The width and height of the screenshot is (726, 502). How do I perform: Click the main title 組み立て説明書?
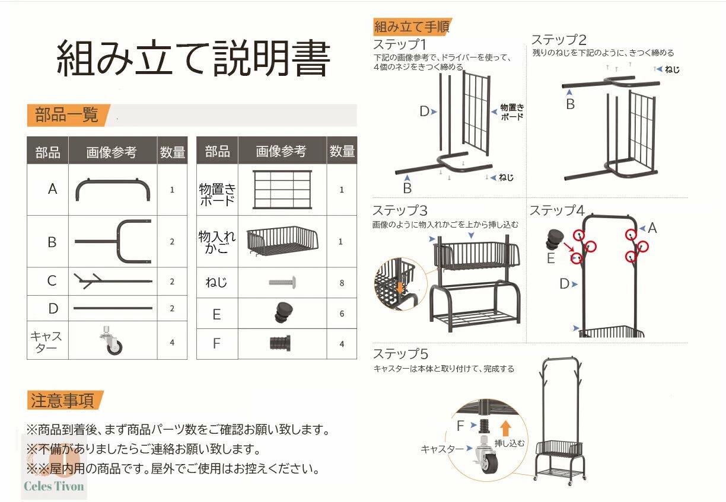click(193, 58)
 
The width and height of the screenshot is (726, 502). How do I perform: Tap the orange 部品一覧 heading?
click(66, 114)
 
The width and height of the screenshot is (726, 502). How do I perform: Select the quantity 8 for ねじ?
click(342, 283)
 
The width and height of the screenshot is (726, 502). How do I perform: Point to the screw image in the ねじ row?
click(282, 282)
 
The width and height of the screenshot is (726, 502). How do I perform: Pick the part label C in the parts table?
click(52, 280)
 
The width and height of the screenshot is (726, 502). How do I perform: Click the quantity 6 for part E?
click(342, 314)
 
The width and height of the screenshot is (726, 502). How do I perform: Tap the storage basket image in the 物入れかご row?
click(282, 241)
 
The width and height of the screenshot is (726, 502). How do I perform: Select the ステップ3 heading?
click(400, 210)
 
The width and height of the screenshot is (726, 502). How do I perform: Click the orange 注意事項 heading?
click(62, 400)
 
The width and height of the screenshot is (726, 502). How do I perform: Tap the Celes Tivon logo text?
click(54, 486)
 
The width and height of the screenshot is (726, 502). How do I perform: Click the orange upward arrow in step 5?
click(505, 428)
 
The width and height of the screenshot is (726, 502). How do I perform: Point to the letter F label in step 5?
click(460, 426)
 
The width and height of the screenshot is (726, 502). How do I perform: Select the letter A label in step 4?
click(652, 228)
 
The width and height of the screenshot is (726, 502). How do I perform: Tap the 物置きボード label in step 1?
click(512, 112)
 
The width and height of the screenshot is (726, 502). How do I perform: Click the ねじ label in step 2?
click(672, 69)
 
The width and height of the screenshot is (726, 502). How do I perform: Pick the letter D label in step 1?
click(424, 111)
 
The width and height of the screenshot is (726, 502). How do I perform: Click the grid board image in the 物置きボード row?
click(282, 190)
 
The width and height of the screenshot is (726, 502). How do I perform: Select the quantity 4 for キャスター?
click(172, 343)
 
